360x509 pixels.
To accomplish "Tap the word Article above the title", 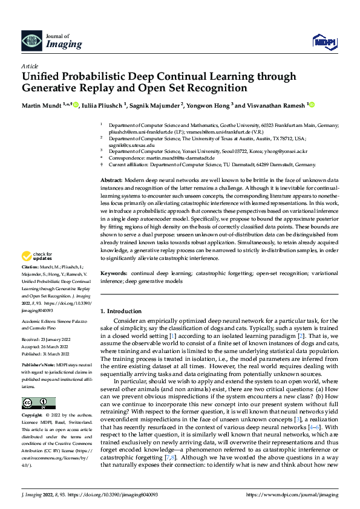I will tap(30, 65).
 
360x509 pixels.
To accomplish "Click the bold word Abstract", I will tap(111, 181).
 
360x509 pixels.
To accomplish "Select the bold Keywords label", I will tap(114, 274).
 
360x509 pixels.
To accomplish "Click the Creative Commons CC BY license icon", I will tap(38, 403).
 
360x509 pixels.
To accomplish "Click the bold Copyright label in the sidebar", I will tap(33, 416).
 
